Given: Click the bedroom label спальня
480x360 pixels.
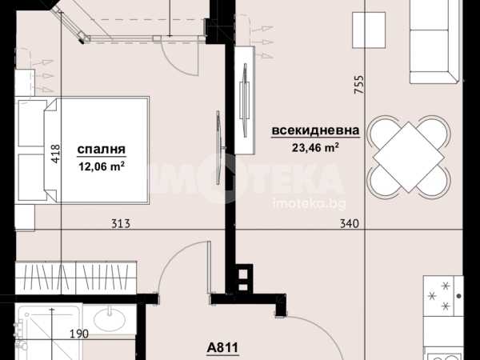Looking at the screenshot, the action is coord(102,150).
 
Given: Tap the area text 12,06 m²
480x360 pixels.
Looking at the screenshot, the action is coord(102,166).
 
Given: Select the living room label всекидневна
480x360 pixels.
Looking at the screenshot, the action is coord(316,130).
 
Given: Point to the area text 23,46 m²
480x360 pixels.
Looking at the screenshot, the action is coord(315,147).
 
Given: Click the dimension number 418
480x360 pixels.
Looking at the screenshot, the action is coord(55,154).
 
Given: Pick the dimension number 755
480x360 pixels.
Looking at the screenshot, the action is coord(358,85).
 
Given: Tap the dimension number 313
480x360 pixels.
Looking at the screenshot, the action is coord(121,224).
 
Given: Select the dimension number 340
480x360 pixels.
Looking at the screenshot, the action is coord(350,223).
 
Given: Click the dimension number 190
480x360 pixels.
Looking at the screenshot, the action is coord(79,334).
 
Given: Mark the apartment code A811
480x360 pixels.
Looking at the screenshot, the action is coord(222,348).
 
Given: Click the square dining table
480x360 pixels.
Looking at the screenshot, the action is coord(409,157).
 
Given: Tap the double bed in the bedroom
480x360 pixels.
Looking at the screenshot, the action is coord(82,150).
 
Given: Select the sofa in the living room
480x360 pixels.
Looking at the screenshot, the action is coord(435,42).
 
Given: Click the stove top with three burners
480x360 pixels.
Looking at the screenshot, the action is coord(443,296).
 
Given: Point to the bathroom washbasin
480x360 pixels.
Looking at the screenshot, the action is coord(110,319).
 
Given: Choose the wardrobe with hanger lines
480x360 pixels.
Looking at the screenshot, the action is coord(76,278).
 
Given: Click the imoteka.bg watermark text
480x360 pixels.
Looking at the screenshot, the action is coord(309,203).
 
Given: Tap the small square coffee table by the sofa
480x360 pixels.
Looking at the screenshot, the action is coord(369,30).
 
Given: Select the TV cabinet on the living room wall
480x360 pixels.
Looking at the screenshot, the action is coord(245,100).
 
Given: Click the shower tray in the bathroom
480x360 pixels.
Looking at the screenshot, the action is coord(49,331).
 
